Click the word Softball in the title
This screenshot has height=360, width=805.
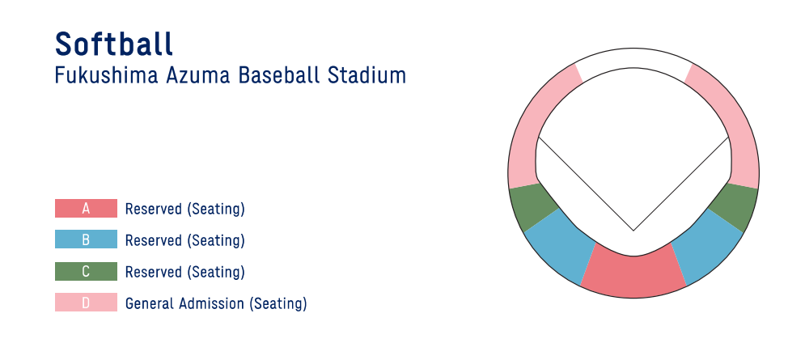click(114, 44)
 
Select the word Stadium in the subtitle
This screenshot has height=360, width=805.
click(366, 75)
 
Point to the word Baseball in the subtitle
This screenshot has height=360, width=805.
click(279, 75)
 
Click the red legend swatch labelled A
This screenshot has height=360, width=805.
click(86, 209)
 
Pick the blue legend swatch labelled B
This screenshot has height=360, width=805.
click(86, 239)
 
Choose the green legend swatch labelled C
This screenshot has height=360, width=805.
click(86, 271)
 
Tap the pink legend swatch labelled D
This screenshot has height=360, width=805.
click(86, 303)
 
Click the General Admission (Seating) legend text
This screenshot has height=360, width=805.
click(216, 303)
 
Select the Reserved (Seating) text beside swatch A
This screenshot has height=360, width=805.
click(184, 209)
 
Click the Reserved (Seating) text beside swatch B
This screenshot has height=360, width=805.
click(184, 240)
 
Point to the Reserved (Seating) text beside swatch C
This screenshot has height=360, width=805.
click(184, 272)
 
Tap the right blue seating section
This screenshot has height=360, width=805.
click(705, 248)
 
